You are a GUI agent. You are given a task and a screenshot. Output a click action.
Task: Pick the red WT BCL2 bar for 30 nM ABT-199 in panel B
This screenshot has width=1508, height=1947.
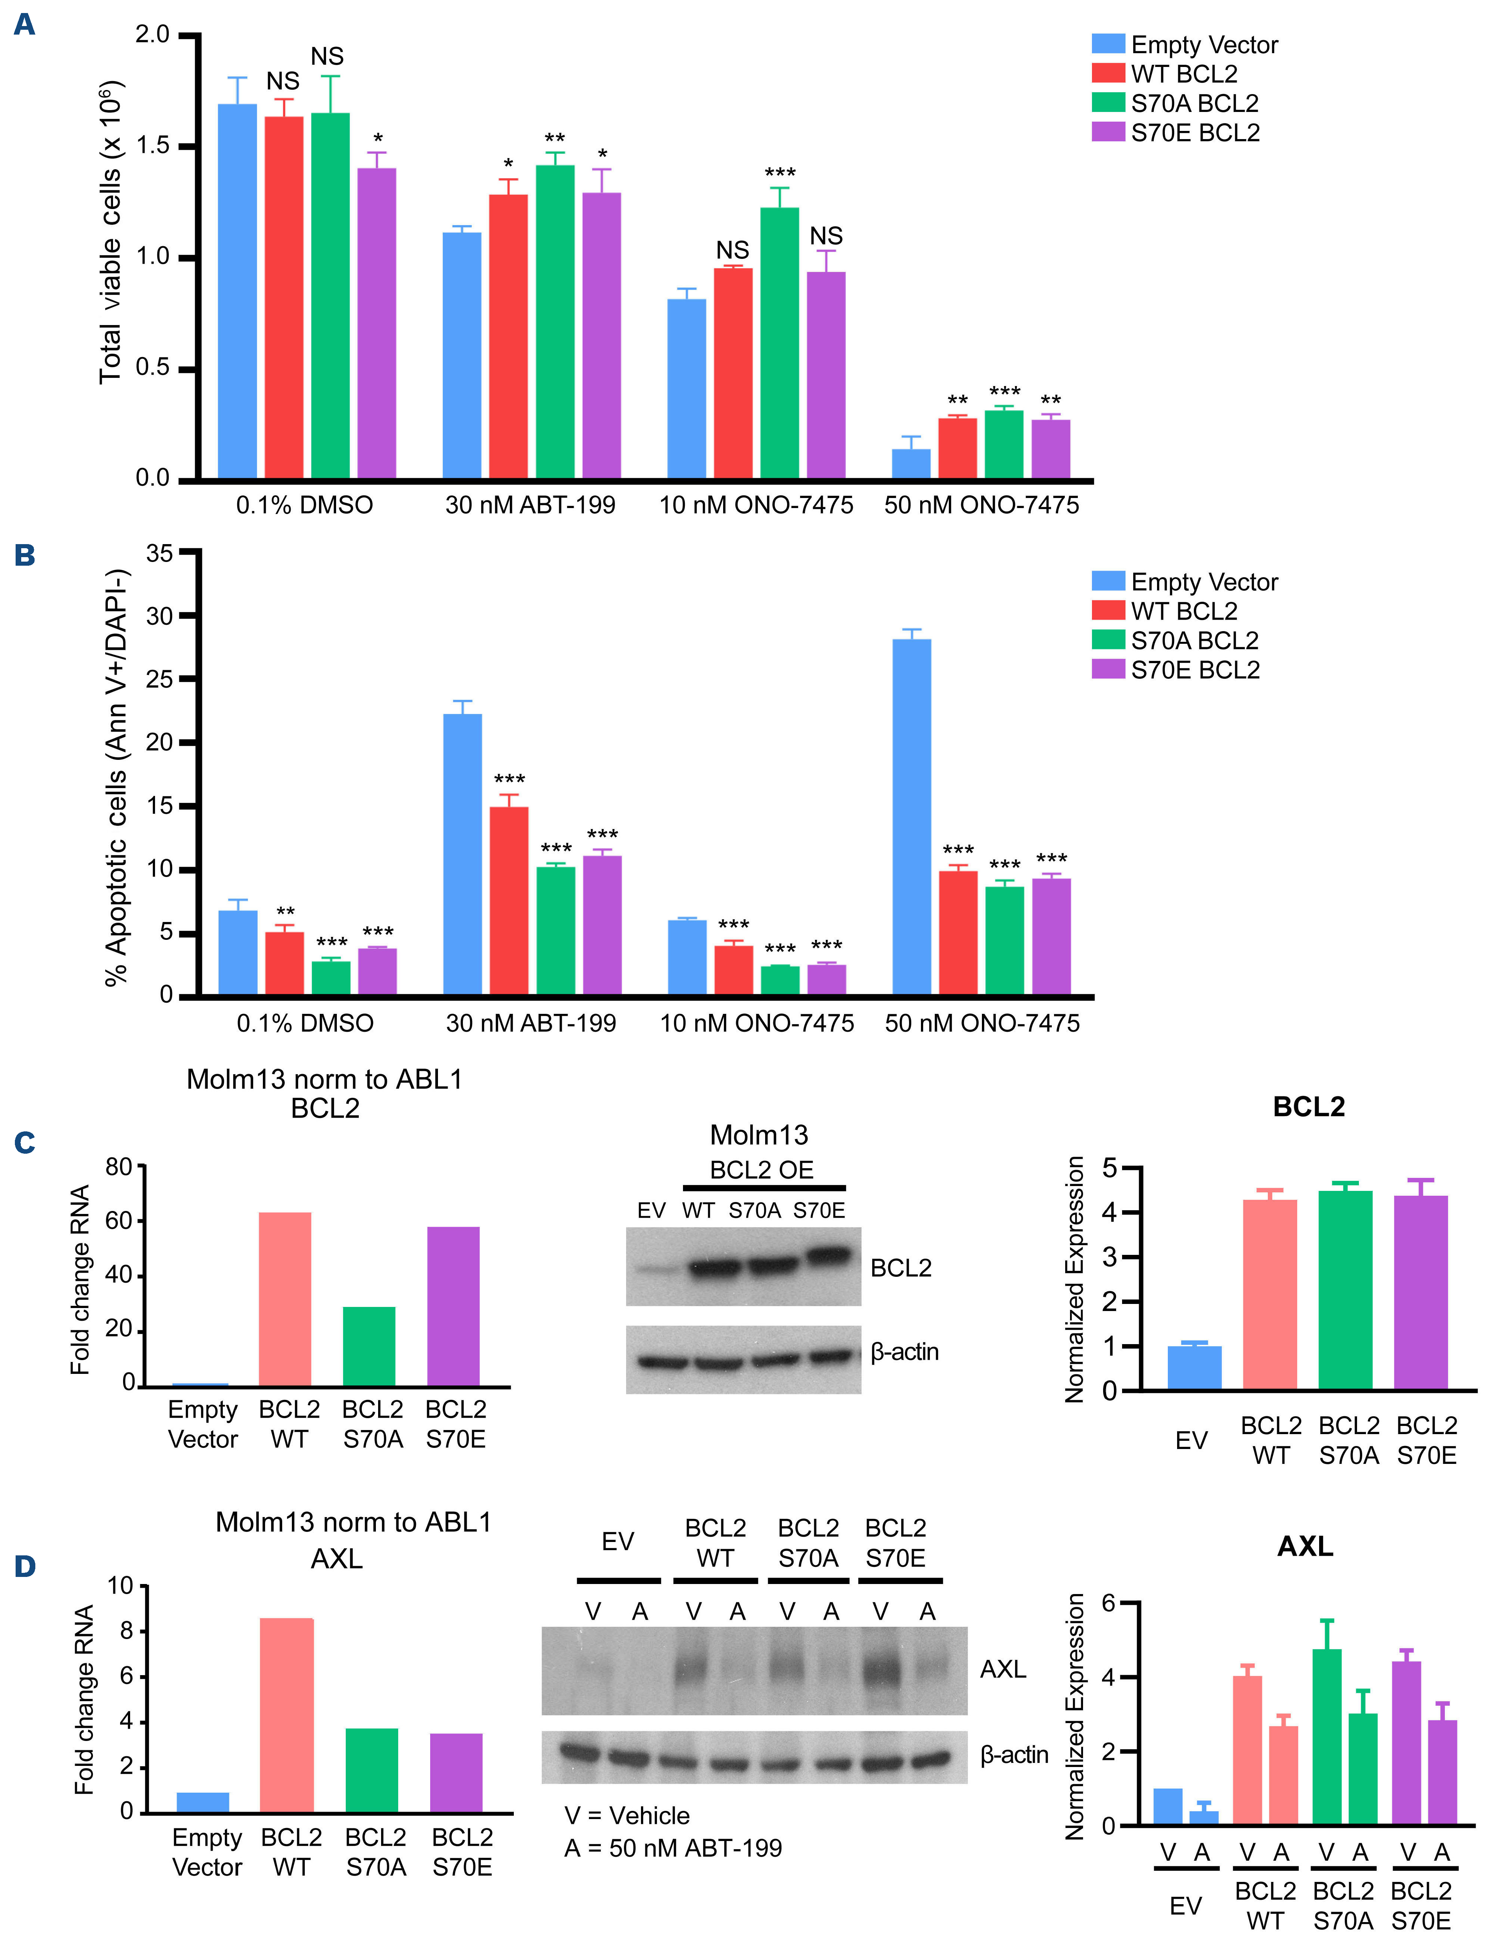[x=509, y=900]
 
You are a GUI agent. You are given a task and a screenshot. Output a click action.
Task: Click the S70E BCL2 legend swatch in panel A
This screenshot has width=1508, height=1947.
[x=1108, y=132]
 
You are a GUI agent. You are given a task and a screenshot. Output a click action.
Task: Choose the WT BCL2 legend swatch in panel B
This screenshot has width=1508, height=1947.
[x=1108, y=611]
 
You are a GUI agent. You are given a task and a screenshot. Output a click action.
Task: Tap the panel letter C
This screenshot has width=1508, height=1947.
[x=25, y=1143]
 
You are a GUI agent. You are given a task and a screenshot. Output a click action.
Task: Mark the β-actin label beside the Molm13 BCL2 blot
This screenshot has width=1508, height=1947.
[x=905, y=1352]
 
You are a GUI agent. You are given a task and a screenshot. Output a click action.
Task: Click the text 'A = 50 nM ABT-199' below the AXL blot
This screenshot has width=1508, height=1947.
[x=673, y=1848]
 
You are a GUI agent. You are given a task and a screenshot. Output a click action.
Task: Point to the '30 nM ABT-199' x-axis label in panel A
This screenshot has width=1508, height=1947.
[x=530, y=505]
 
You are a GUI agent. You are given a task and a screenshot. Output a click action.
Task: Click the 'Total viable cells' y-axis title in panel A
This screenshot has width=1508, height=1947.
[x=110, y=232]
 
